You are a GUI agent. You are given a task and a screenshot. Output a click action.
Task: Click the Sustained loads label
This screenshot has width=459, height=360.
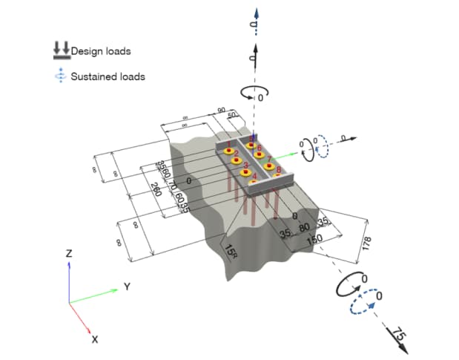pyautogui.click(x=108, y=76)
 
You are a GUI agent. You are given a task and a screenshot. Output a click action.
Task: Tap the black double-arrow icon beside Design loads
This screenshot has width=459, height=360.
pyautogui.click(x=60, y=50)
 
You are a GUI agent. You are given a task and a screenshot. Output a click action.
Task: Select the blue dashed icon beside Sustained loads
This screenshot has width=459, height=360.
pyautogui.click(x=60, y=76)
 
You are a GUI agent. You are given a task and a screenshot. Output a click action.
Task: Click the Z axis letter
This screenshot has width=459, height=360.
pyautogui.click(x=68, y=253)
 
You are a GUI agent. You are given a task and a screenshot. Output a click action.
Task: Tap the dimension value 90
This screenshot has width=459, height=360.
pyautogui.click(x=221, y=111)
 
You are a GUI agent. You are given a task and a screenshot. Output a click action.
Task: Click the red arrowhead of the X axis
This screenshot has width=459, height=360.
pyautogui.click(x=89, y=330)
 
